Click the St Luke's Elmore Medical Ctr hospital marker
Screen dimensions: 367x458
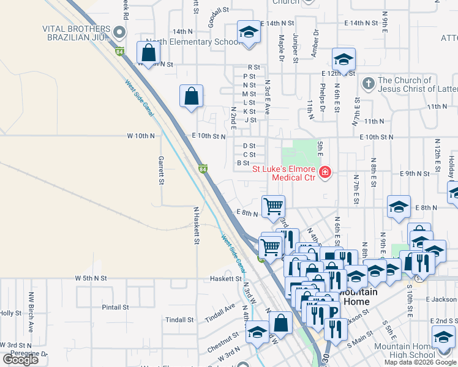[x=325, y=173]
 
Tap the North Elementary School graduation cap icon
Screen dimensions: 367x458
[x=249, y=33]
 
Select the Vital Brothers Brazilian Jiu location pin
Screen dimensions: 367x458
[x=119, y=32]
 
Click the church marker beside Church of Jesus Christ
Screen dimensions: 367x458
[x=368, y=83]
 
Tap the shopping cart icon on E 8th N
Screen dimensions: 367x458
[x=273, y=206]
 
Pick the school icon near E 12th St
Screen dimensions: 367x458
[x=343, y=59]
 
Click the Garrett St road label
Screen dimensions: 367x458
[x=162, y=170]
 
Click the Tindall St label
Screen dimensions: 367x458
[x=179, y=320]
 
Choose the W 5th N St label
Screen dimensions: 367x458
[x=91, y=278]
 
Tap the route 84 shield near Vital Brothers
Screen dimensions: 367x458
[x=119, y=51]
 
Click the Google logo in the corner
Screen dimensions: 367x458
[x=21, y=360]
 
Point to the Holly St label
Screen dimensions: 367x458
[x=10, y=313]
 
